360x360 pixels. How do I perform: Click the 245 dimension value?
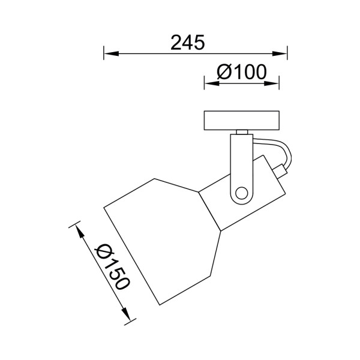188,43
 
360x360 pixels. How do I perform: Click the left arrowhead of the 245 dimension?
109,54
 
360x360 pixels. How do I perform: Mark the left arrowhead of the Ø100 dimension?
209,83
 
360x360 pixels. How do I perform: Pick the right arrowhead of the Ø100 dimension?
275,83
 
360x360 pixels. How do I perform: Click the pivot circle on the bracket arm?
241,193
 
